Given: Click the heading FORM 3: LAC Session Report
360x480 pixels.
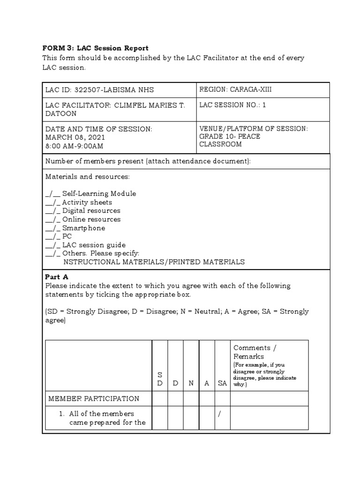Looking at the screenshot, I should (x=95, y=48).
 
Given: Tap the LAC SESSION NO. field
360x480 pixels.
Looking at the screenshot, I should (x=232, y=105).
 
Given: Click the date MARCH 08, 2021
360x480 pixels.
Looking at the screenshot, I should (x=75, y=137).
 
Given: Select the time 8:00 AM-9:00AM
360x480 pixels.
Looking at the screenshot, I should (x=75, y=146).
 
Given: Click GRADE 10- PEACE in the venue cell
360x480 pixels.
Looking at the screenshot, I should (x=230, y=136).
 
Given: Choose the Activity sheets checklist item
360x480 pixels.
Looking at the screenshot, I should (x=87, y=202).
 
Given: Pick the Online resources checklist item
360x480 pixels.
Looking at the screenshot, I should (x=91, y=219).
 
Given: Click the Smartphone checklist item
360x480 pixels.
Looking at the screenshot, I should (x=83, y=228).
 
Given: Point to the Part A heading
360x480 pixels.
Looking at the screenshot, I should (x=57, y=277).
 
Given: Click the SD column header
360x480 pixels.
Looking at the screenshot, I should (x=160, y=379).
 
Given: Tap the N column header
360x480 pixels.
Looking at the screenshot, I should (x=191, y=383).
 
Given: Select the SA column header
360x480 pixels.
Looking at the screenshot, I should (x=222, y=383).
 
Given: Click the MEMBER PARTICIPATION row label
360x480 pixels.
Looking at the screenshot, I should (x=94, y=399).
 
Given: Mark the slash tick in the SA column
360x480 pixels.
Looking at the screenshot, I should (x=219, y=414).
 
